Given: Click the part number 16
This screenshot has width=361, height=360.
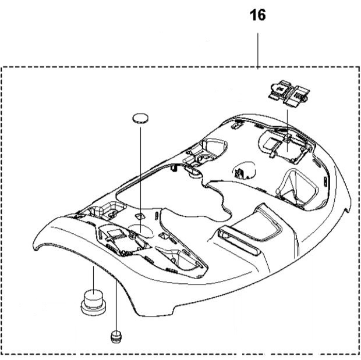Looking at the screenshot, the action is [x=257, y=15].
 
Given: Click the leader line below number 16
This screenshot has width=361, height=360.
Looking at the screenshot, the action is [x=257, y=51].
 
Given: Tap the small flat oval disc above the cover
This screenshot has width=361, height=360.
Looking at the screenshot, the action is [x=140, y=118].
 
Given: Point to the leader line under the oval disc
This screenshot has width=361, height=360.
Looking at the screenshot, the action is [x=140, y=179].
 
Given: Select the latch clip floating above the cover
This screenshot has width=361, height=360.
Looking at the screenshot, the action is [x=289, y=93].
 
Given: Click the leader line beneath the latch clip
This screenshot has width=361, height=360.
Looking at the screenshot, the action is [x=287, y=131].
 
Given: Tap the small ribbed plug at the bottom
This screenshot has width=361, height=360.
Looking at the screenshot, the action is [x=116, y=337].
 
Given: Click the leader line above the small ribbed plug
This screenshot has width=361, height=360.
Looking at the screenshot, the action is [x=116, y=306].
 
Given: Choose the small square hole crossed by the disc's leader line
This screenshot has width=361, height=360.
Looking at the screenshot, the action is [x=139, y=216].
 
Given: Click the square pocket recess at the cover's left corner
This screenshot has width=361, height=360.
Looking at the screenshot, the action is [x=108, y=211].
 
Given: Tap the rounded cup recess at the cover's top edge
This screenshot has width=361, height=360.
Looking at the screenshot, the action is [x=214, y=147].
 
